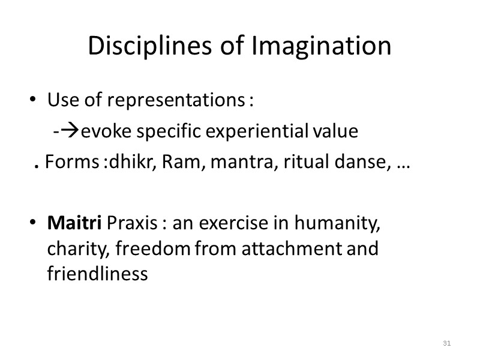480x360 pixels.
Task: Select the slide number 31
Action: pos(446,343)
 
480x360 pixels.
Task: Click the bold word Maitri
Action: pos(74,224)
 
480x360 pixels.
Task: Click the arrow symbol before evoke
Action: pos(69,131)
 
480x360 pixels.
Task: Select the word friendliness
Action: pos(97,274)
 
